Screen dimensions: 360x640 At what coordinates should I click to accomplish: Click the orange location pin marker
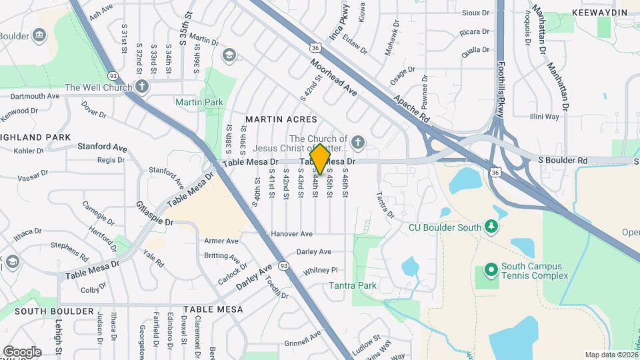[320, 159]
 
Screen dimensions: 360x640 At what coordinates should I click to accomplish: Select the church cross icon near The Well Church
[141, 87]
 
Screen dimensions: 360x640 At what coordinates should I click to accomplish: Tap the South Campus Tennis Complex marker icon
[491, 270]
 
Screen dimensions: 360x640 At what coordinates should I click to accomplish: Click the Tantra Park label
[353, 286]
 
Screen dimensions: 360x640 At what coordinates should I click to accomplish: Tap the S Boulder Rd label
[563, 161]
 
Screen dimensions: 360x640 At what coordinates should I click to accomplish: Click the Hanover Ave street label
[292, 234]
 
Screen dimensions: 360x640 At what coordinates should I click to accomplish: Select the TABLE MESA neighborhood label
[213, 310]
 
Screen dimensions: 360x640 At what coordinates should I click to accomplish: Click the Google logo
[21, 352]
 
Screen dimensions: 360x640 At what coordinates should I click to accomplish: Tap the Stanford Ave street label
[102, 146]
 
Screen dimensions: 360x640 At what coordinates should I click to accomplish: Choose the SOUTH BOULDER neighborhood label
[54, 311]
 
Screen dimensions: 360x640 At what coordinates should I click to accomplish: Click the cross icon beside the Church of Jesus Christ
[358, 141]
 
